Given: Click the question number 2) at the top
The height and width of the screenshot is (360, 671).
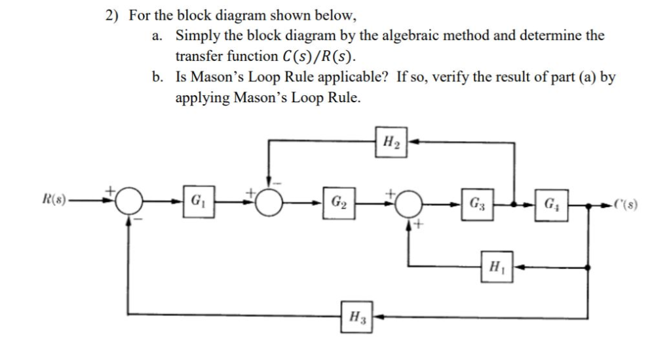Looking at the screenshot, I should pyautogui.click(x=115, y=14).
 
